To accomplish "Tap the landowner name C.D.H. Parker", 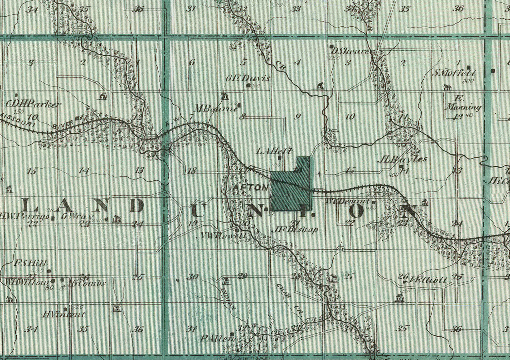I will tap(34, 104).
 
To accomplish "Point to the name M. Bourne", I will tap(215, 109).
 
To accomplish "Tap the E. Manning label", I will tap(463, 103).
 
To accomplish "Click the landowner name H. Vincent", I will tap(64, 314).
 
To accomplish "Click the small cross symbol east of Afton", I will tap(319, 174).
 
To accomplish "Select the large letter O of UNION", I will tap(356, 211).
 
